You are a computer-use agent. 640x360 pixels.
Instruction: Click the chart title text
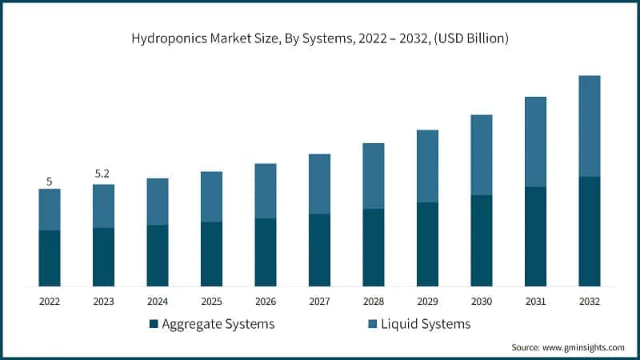pyautogui.click(x=320, y=38)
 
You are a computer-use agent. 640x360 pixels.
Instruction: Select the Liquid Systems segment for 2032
pyautogui.click(x=590, y=126)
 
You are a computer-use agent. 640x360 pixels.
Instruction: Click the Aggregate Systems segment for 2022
pyautogui.click(x=50, y=258)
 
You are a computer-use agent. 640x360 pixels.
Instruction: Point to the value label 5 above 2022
pyautogui.click(x=50, y=182)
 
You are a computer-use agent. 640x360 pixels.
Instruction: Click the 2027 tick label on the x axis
pyautogui.click(x=319, y=302)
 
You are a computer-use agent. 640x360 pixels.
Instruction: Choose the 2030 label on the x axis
pyautogui.click(x=482, y=302)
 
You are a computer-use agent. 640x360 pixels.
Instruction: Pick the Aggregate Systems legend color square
pyautogui.click(x=153, y=324)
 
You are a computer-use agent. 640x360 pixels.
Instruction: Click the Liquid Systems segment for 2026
pyautogui.click(x=266, y=190)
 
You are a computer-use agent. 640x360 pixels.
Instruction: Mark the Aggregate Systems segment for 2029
pyautogui.click(x=427, y=244)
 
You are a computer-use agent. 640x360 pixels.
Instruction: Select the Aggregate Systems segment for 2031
pyautogui.click(x=535, y=236)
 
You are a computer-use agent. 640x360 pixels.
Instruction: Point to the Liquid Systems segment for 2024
pyautogui.click(x=158, y=202)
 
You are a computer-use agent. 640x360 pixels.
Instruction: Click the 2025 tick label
pyautogui.click(x=211, y=302)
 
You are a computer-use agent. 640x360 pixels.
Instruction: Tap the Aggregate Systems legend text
pyautogui.click(x=218, y=324)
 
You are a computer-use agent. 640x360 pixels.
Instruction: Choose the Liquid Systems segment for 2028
pyautogui.click(x=374, y=176)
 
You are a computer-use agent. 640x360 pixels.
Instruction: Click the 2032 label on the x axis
pyautogui.click(x=590, y=302)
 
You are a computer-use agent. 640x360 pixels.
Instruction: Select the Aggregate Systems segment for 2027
pyautogui.click(x=319, y=250)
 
